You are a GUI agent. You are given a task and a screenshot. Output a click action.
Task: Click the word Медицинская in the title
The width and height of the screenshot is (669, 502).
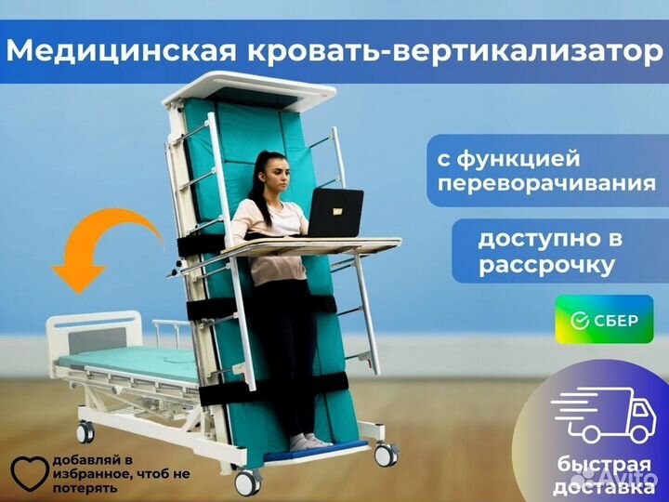point(121,51)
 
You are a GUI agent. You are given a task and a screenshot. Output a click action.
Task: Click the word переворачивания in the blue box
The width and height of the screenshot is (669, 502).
point(546,184)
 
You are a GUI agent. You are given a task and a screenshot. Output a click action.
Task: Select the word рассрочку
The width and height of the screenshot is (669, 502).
point(546,266)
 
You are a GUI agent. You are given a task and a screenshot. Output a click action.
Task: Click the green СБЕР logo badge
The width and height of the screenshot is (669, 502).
point(604,319)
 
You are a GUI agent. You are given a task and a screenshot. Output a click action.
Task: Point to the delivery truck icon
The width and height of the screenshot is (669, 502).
point(603,415)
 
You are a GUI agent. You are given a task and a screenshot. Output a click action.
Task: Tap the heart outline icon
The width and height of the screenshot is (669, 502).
point(30,473)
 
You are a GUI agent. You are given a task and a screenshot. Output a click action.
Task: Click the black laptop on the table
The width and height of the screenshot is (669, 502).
point(335,213)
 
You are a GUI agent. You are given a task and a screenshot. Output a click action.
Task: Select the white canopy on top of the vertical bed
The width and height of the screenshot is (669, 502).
point(249,90)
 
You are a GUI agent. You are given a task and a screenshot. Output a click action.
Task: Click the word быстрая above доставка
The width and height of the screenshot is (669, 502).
point(604,466)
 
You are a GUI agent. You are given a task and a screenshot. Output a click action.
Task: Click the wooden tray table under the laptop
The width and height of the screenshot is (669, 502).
point(312,246)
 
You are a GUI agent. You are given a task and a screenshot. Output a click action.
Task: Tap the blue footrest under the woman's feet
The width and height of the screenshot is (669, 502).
point(316,451)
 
